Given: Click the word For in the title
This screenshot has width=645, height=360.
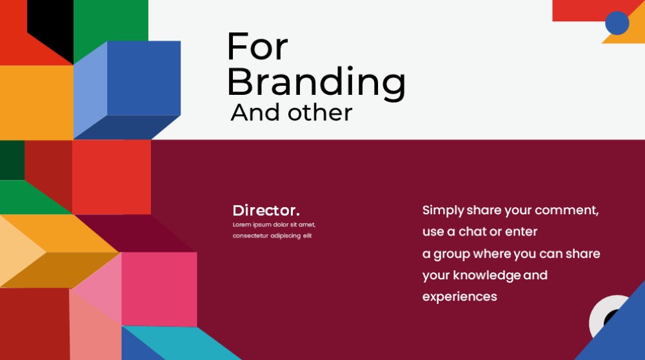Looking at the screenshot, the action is point(257,46).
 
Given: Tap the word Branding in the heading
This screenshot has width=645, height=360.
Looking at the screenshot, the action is point(316,82).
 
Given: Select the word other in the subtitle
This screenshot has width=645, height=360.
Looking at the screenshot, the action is point(320,112).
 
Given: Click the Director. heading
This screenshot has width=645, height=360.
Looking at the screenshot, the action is point(266,211).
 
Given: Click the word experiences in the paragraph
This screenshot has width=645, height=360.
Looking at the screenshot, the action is point(459,297).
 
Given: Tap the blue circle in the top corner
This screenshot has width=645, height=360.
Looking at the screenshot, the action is point(617,23).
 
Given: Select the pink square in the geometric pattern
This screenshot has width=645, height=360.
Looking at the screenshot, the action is point(159,289).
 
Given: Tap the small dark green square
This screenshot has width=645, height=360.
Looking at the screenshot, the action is point(12,160).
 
